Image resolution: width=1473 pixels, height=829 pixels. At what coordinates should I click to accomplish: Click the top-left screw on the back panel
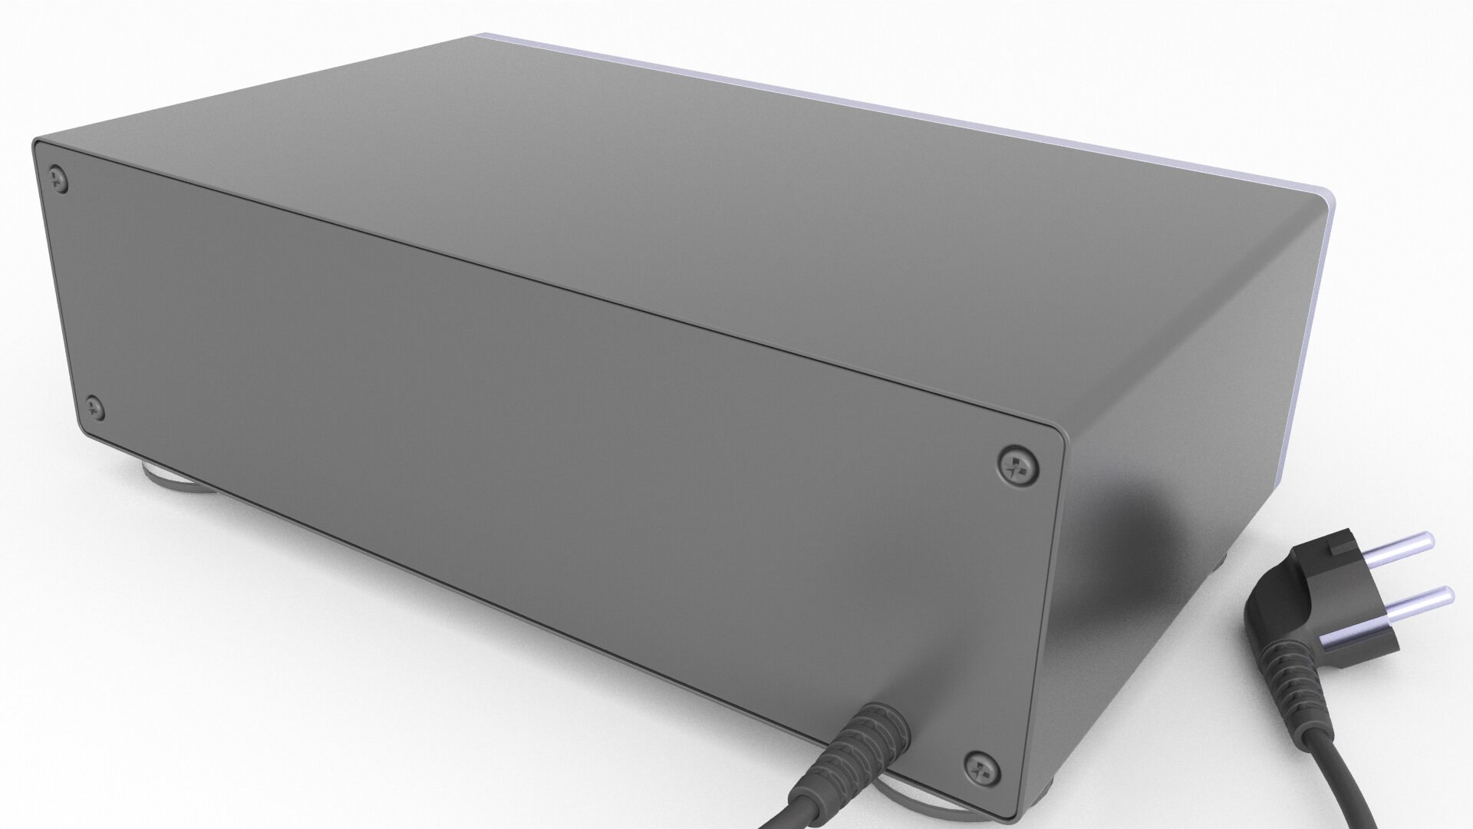58,181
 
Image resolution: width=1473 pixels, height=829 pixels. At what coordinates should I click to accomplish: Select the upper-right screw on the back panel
1018,464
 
